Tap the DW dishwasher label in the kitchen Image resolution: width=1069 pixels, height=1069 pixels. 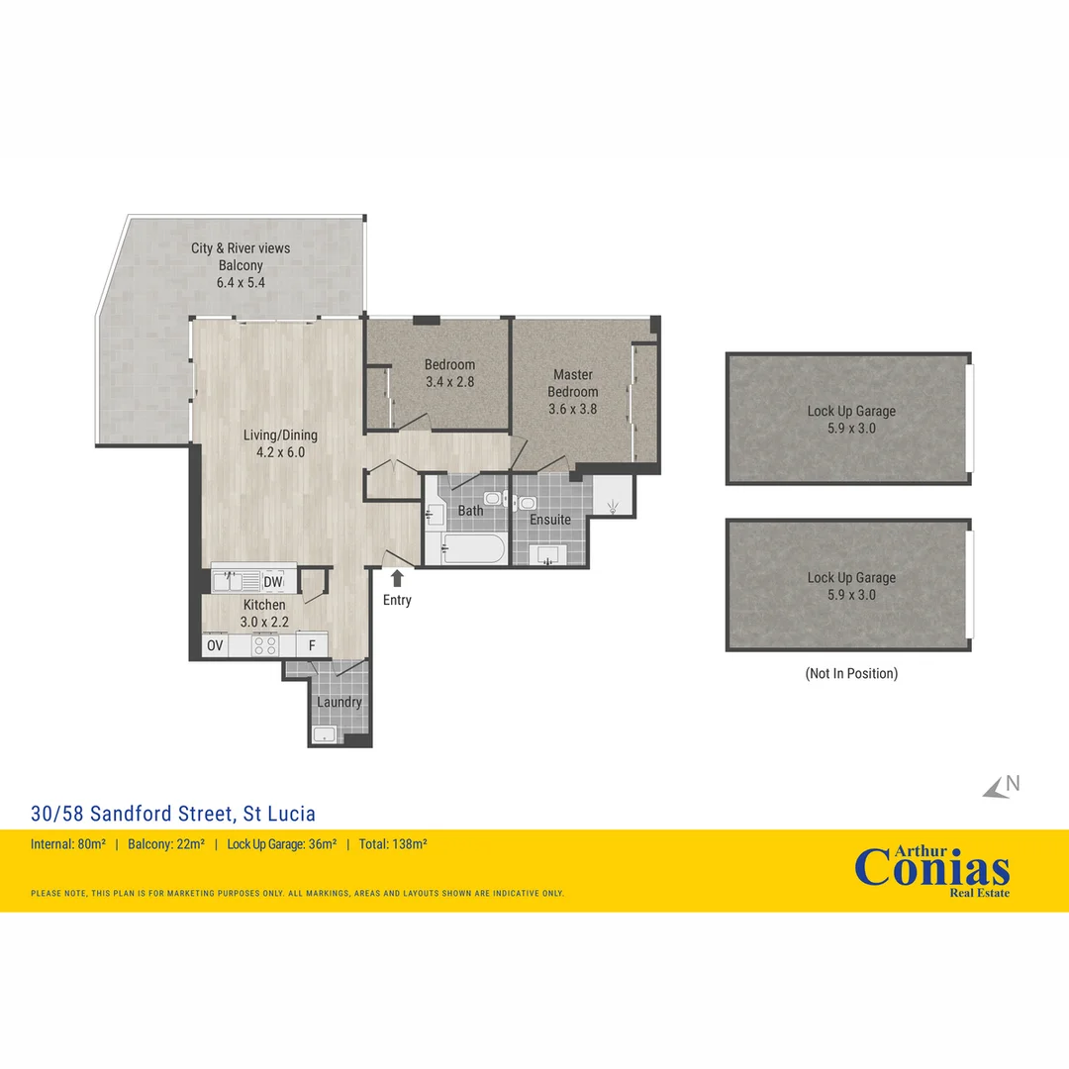tap(273, 582)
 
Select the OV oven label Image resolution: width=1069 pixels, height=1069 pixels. tap(214, 646)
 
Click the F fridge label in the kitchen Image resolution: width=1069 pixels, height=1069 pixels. tap(312, 646)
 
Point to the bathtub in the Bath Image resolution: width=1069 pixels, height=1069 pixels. tap(473, 549)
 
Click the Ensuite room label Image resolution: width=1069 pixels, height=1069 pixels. tap(550, 520)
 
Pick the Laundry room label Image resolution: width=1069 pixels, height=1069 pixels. tap(340, 703)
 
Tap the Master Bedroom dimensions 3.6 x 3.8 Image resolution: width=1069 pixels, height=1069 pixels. tap(573, 408)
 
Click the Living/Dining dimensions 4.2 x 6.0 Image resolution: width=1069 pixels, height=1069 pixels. tap(281, 452)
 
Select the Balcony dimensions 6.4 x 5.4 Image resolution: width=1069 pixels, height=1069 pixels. tap(241, 282)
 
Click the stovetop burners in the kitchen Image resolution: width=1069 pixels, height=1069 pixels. tap(264, 646)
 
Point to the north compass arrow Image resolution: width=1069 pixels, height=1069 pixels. tap(998, 788)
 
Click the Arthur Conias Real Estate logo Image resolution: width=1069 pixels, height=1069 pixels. tap(931, 869)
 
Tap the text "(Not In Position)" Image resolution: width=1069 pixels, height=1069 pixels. tap(851, 673)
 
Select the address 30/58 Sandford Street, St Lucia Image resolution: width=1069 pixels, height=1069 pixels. tap(173, 814)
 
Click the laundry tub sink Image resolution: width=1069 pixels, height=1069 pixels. tap(325, 733)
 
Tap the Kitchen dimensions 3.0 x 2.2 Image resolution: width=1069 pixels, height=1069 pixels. tap(263, 622)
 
